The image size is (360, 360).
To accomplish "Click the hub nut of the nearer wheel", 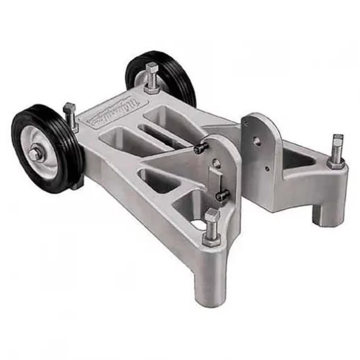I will point(35,154).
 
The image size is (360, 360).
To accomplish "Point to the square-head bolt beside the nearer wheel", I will point(70,115).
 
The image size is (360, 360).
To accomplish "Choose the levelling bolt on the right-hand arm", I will point(336,151).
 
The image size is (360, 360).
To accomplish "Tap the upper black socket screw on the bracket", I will point(201,147).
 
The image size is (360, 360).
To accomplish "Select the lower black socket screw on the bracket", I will point(222,195).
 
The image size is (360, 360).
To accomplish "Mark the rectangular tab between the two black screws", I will point(215,179).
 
